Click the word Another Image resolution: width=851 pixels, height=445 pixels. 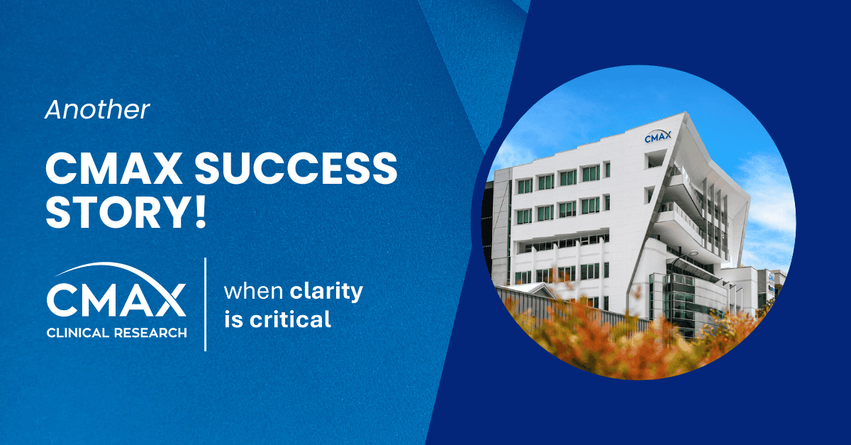[98, 109]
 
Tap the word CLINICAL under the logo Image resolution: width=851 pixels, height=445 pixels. [79, 331]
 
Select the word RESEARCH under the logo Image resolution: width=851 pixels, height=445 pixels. [151, 331]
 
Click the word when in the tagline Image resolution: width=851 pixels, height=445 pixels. [254, 292]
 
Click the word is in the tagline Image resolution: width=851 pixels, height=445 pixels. [233, 319]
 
